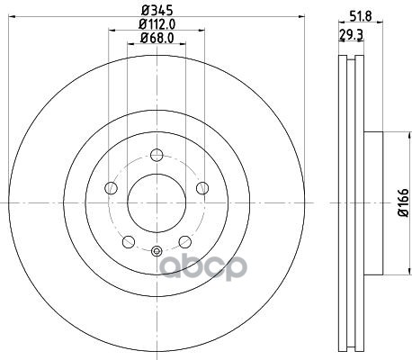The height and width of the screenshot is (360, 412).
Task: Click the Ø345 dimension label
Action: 157,11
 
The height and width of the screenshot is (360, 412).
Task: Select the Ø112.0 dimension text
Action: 157,24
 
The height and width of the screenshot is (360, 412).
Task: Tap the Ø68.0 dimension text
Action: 157,38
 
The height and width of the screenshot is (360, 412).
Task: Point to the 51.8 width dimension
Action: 361,15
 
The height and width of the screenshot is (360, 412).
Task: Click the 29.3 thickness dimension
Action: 351,35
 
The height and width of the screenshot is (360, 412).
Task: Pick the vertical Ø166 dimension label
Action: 403,202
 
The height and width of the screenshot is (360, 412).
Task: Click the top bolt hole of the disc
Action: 157,155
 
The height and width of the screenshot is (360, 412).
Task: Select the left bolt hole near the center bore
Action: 111,188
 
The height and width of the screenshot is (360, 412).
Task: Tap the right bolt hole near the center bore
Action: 202,188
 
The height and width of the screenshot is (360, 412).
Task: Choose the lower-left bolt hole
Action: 129,241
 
